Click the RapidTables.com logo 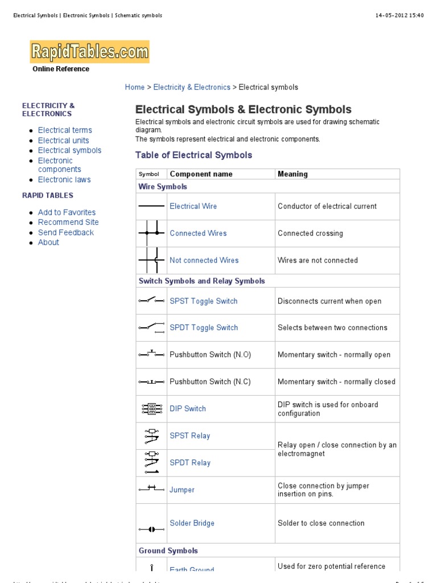pos(89,52)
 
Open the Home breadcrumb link pos(135,87)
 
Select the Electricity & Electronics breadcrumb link pos(192,87)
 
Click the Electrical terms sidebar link pos(65,130)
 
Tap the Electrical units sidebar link pos(63,141)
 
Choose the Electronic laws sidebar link pos(64,180)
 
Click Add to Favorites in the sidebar pos(67,212)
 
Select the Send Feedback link pos(66,233)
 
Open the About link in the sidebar pos(48,243)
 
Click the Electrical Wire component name pos(193,207)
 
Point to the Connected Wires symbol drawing pos(151,233)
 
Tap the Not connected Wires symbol pos(151,261)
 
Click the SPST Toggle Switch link pos(203,301)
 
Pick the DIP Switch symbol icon pos(151,409)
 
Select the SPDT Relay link pos(190,463)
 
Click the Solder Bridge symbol pos(151,529)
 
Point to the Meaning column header pos(292,174)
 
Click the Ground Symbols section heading pos(168,551)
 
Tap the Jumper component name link pos(182,490)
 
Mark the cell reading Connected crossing pos(310,233)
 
